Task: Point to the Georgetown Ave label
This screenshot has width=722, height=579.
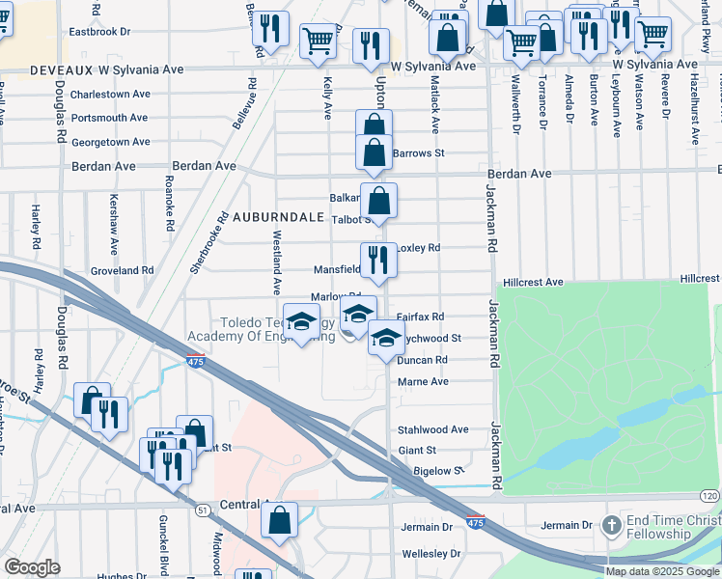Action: pyautogui.click(x=111, y=142)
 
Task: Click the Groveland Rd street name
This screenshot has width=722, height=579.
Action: pyautogui.click(x=121, y=271)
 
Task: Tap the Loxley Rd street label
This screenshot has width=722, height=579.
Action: pyautogui.click(x=418, y=248)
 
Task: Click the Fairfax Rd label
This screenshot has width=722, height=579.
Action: pyautogui.click(x=420, y=317)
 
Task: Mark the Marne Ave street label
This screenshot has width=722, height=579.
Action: pyautogui.click(x=423, y=382)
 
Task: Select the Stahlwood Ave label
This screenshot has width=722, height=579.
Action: pyautogui.click(x=432, y=429)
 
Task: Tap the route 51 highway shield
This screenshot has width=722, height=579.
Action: pyautogui.click(x=203, y=510)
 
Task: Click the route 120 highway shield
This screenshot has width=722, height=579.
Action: pyautogui.click(x=709, y=495)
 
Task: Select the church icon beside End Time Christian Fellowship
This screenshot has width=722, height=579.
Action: pyautogui.click(x=610, y=526)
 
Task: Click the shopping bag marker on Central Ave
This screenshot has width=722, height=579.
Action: pyautogui.click(x=279, y=519)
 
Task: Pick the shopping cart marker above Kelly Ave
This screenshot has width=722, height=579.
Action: pyautogui.click(x=318, y=41)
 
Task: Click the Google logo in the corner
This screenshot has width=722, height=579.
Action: pyautogui.click(x=32, y=567)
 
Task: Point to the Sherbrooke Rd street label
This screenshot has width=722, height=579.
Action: pyautogui.click(x=208, y=240)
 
